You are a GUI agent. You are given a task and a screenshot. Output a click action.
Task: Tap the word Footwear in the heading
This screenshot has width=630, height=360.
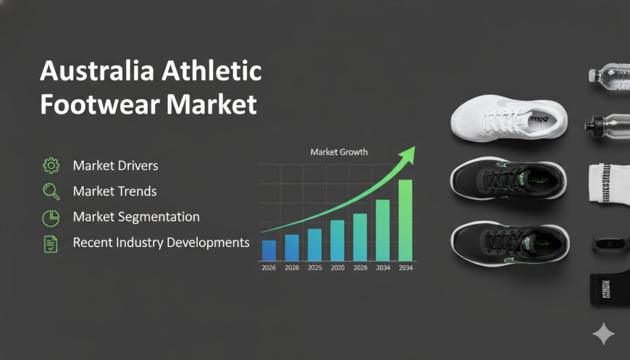tap(86, 104)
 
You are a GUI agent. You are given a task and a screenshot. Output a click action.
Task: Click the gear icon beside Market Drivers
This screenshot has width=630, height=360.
tap(51, 166)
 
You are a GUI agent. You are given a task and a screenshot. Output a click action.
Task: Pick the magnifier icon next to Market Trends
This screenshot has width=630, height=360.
tap(51, 192)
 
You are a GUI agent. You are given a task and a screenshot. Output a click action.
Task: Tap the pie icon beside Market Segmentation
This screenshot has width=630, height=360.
tap(51, 217)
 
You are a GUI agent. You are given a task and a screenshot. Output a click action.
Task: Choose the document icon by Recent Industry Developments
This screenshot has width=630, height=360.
tap(51, 243)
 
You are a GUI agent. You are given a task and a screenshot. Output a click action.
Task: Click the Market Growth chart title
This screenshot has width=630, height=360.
tap(339, 152)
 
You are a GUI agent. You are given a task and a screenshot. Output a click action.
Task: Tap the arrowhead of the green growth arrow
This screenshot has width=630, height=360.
tap(410, 151)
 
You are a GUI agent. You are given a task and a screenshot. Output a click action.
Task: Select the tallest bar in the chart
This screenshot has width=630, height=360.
tap(406, 219)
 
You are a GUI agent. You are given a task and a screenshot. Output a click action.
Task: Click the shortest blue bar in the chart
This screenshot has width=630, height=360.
tap(269, 250)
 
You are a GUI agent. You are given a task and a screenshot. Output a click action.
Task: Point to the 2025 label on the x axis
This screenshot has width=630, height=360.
tap(314, 268)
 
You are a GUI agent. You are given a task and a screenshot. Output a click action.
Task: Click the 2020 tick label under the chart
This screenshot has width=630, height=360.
tap(337, 268)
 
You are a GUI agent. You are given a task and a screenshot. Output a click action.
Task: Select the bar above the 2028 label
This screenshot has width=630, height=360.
tap(360, 236)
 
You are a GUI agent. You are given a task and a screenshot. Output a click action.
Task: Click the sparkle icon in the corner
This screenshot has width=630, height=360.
tap(603, 335)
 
